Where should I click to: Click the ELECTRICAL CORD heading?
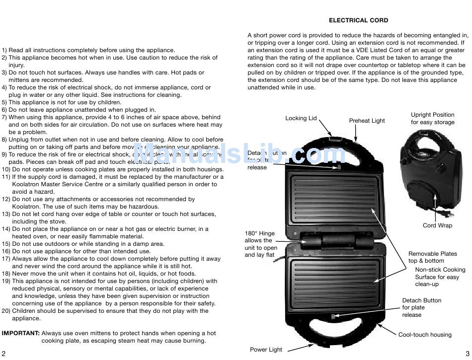tap(358, 20)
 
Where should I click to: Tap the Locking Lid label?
tap(301, 118)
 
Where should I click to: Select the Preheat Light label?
tap(367, 121)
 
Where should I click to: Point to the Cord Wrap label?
tap(437, 225)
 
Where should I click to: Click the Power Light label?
tap(266, 350)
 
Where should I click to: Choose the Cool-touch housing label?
tap(425, 335)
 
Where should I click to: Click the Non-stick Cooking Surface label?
tap(440, 277)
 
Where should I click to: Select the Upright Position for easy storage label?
tap(432, 118)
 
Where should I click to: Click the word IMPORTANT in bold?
tap(21, 333)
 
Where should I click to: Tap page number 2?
tap(3, 353)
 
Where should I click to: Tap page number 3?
tap(468, 353)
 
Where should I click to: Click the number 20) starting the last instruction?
tap(6, 311)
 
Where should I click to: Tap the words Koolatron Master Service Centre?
tap(59, 184)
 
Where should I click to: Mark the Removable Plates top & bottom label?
tap(433, 257)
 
